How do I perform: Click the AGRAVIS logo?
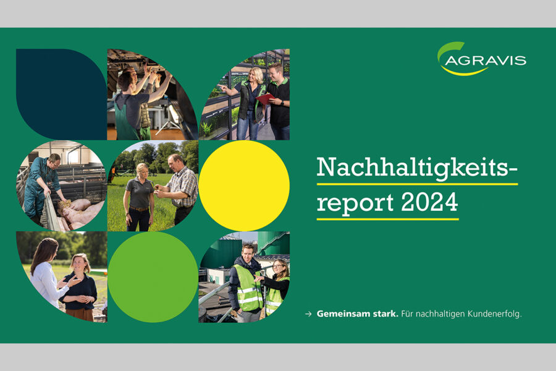click(481, 59)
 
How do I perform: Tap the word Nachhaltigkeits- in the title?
click(417, 167)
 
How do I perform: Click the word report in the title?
click(355, 203)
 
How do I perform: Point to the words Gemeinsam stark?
click(358, 314)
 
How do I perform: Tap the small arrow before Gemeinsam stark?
click(308, 314)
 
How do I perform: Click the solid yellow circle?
click(244, 185)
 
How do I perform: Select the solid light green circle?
click(153, 277)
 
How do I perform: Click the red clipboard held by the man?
click(265, 98)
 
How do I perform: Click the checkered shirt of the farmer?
click(183, 185)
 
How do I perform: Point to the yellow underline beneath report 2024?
click(387, 219)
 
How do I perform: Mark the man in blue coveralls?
click(41, 186)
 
